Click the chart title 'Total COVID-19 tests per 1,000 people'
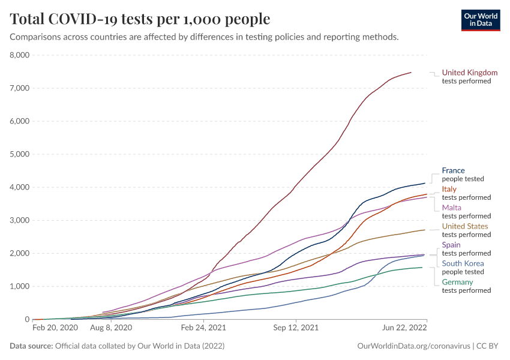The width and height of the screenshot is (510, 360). (140, 19)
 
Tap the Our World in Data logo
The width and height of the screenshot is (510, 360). (480, 20)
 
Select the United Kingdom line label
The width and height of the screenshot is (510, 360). (469, 73)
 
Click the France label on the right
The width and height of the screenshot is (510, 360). (453, 170)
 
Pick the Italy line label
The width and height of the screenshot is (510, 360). (449, 189)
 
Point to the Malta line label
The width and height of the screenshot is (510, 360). (451, 208)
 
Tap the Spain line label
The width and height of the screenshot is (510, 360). (451, 245)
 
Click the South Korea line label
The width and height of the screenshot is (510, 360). (462, 263)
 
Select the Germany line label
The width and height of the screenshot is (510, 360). (457, 282)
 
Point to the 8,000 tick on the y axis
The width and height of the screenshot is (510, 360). (20, 55)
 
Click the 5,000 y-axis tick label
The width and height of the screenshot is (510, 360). (20, 154)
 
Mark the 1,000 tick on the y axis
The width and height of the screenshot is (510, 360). (20, 286)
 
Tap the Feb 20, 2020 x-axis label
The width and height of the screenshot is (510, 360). (55, 328)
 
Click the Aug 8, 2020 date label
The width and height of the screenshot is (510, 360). (112, 328)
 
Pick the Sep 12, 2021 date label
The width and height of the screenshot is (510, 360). (295, 328)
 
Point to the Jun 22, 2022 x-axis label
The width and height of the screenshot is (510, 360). (405, 328)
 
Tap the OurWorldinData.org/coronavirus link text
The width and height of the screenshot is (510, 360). (412, 346)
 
